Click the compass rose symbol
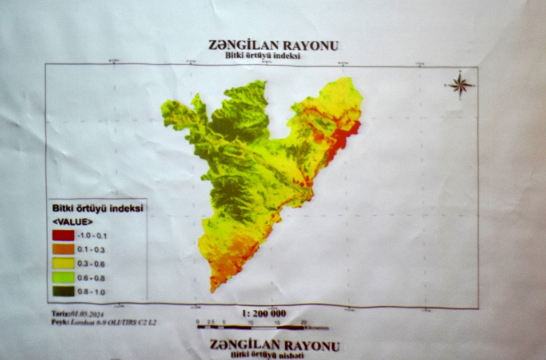(460, 85)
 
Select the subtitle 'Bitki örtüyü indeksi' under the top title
(262, 56)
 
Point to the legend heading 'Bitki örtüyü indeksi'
(97, 208)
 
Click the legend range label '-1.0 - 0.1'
(92, 235)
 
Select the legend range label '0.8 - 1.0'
(91, 292)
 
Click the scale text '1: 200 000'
(264, 313)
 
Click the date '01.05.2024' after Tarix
(87, 314)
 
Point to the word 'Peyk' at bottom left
(59, 323)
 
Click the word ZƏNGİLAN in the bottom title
(244, 345)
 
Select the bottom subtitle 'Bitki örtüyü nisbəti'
(267, 355)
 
